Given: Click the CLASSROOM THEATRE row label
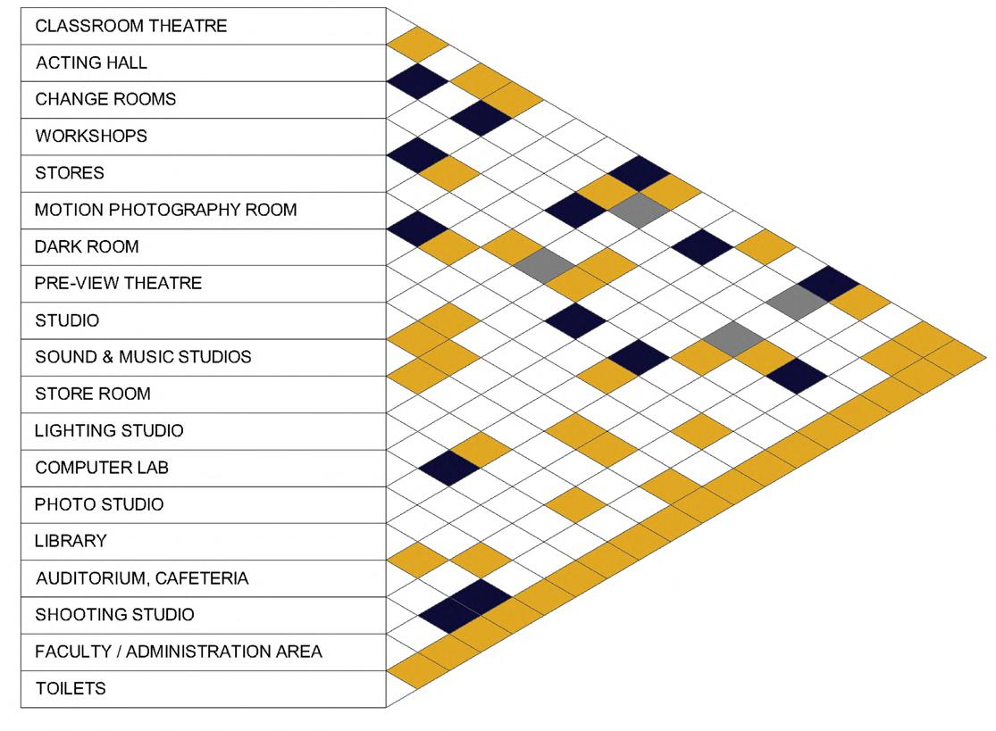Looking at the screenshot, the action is pyautogui.click(x=131, y=26).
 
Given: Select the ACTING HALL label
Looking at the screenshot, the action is pyautogui.click(x=92, y=63).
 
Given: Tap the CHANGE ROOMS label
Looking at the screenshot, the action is pyautogui.click(x=105, y=99).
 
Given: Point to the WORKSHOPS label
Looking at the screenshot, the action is pyautogui.click(x=91, y=137).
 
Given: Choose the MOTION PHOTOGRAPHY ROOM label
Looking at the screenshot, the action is pyautogui.click(x=166, y=210).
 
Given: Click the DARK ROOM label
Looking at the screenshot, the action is pyautogui.click(x=87, y=246).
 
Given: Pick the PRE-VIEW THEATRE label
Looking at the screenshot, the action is pyautogui.click(x=119, y=283).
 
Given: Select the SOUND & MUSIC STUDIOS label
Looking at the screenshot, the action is pyautogui.click(x=143, y=357).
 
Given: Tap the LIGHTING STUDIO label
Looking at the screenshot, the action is pyautogui.click(x=109, y=430).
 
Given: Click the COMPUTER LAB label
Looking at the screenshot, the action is pyautogui.click(x=102, y=467).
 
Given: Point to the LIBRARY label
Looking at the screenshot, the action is pyautogui.click(x=71, y=541).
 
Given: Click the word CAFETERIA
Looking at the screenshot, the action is pyautogui.click(x=202, y=578).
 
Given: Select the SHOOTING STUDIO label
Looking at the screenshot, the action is pyautogui.click(x=114, y=615).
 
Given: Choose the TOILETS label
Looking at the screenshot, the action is pyautogui.click(x=71, y=688).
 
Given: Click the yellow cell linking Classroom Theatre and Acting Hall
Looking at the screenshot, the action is pyautogui.click(x=417, y=45).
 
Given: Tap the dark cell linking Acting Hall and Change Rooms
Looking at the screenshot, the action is pyautogui.click(x=417, y=81).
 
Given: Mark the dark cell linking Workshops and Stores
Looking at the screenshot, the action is pyautogui.click(x=417, y=154).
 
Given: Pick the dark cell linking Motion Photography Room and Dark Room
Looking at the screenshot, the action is pyautogui.click(x=417, y=228).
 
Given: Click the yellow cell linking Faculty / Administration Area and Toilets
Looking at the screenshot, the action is pyautogui.click(x=417, y=669).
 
